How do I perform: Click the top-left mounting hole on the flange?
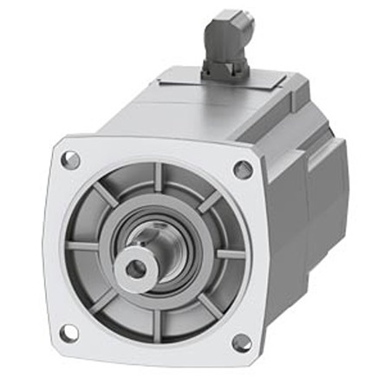[x=71, y=160]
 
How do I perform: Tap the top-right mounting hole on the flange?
[x=244, y=170]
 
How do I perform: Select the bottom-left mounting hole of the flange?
[x=69, y=332]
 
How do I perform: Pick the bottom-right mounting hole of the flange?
[x=242, y=343]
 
